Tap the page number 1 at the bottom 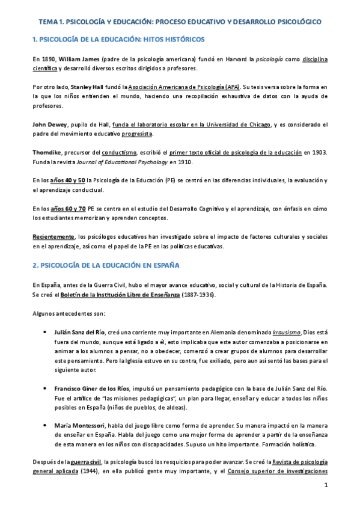click(x=325, y=485)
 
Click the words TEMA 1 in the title click(x=51, y=22)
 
